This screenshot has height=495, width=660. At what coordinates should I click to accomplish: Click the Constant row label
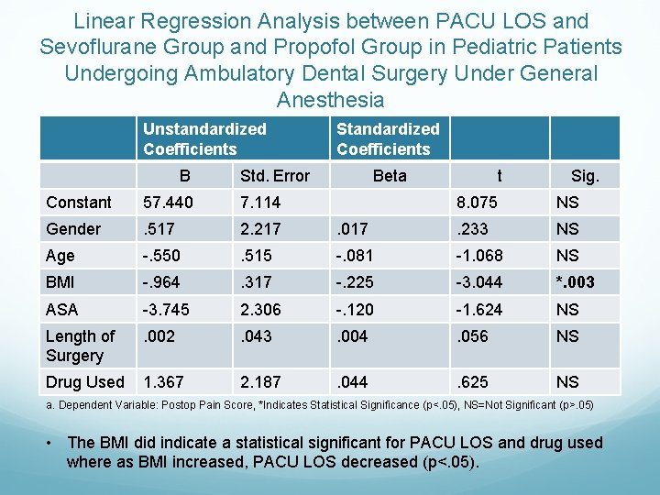click(79, 203)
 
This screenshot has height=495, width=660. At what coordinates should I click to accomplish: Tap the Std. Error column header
click(274, 176)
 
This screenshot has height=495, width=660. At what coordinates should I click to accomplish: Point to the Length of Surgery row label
click(81, 346)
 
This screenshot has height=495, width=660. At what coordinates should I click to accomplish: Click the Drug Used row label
click(84, 382)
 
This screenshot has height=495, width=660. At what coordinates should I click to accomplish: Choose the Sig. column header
click(585, 176)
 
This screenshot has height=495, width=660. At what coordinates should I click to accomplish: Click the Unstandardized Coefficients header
click(204, 139)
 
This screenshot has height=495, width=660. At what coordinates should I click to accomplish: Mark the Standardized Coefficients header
click(388, 139)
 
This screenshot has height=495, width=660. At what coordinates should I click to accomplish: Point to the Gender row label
click(73, 229)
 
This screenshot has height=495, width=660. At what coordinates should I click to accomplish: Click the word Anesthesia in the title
click(330, 99)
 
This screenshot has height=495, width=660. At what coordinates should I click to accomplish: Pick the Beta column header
click(390, 176)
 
